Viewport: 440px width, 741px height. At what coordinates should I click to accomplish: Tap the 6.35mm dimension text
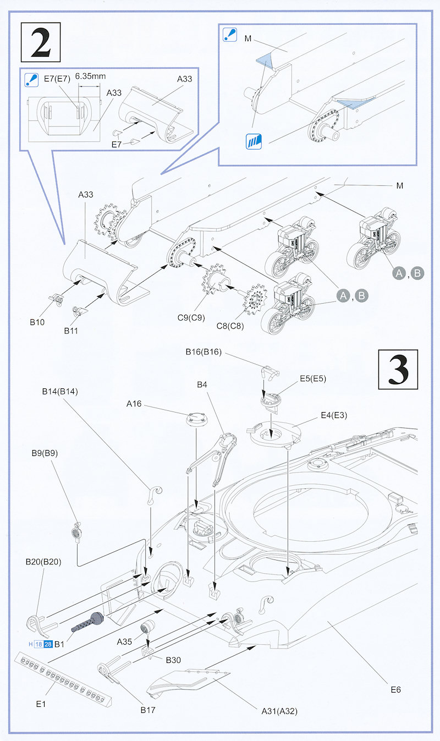click(90, 76)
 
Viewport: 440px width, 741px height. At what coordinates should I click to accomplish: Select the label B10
click(37, 322)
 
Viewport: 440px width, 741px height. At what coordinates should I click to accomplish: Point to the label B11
click(71, 331)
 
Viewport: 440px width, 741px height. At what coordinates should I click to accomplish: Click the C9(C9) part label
click(191, 317)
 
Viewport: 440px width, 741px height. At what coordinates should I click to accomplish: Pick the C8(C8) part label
click(229, 326)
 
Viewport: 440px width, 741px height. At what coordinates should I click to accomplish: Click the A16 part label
click(134, 404)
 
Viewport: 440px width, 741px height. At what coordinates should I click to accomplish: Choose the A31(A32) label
click(279, 711)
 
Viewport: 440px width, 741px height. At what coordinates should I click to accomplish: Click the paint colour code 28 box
click(48, 644)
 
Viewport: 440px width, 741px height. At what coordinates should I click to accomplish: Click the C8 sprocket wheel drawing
click(254, 298)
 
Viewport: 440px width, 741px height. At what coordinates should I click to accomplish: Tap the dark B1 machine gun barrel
click(88, 623)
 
